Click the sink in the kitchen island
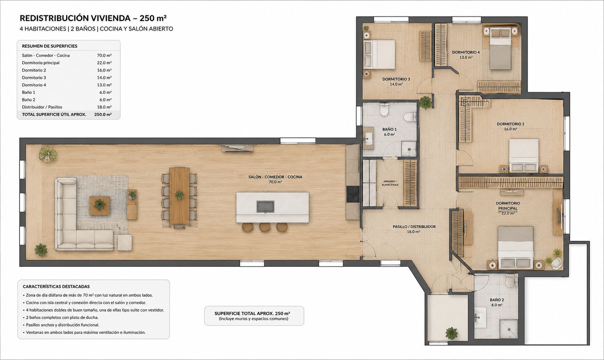265,207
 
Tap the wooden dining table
179,196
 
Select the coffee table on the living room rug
99,205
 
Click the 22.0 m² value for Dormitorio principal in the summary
104,63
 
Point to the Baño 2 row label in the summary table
29,100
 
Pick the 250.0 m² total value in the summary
103,114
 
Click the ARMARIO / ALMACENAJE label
390,183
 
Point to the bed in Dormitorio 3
379,54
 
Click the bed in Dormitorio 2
523,155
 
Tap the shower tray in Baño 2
509,329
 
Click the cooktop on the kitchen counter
353,194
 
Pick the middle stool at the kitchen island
265,228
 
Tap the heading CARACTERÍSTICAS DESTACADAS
56,287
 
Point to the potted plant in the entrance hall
451,333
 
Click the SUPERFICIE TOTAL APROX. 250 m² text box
254,316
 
